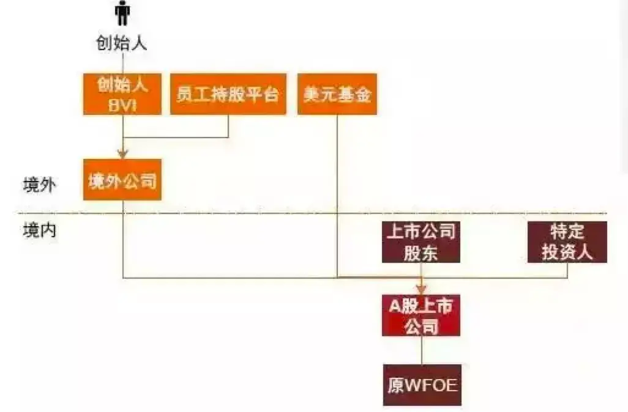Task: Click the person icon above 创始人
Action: (123, 14)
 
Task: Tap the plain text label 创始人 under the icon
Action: (122, 43)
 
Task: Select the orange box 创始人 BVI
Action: (122, 94)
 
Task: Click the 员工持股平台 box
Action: (228, 94)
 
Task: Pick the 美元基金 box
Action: (337, 94)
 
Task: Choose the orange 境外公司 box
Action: (122, 180)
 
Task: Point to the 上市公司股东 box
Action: (421, 242)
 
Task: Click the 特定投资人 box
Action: (567, 242)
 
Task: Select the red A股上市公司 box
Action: (421, 315)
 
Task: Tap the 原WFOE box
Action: (421, 386)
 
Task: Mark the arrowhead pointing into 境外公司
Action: (122, 155)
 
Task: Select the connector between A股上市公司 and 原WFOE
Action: (421, 350)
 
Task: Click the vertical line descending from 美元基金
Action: (337, 196)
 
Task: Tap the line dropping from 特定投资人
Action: (567, 270)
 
